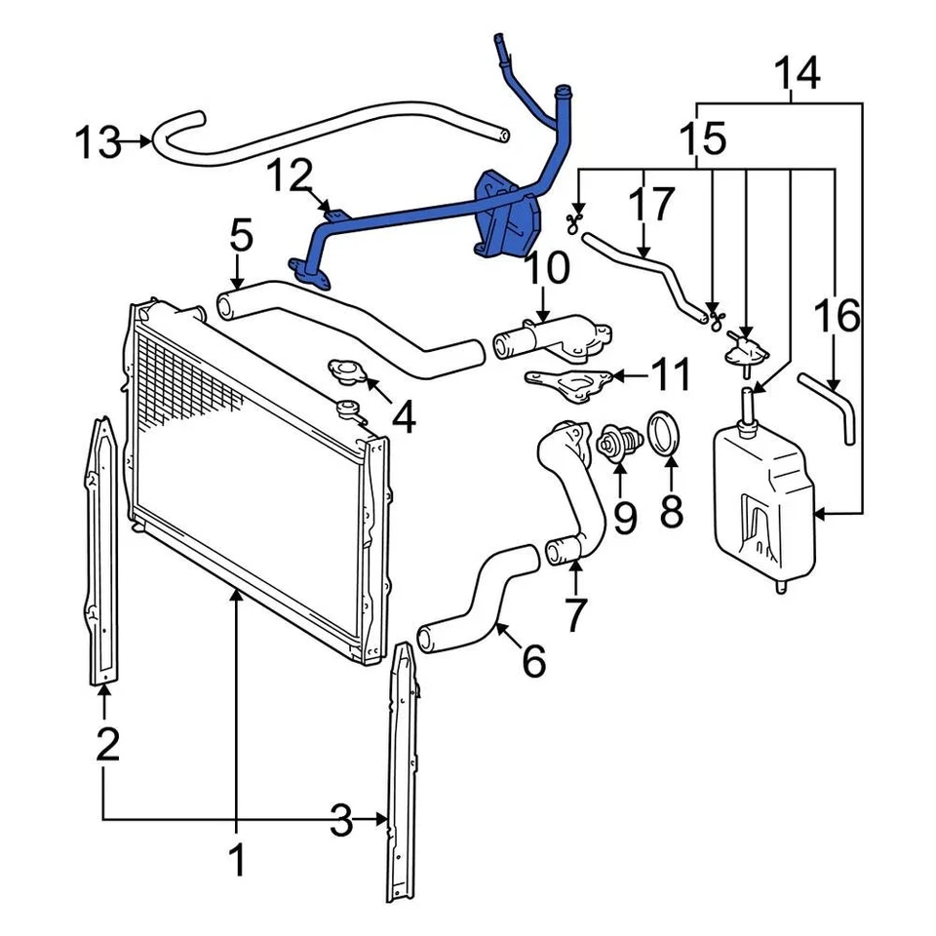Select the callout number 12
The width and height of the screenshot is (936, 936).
pos(291,178)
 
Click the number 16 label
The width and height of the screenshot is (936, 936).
pos(837,316)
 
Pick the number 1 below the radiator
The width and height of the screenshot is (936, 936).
pos(236,860)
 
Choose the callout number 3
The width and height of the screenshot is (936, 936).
pos(340,821)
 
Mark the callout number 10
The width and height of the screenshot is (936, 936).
pos(549,268)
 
